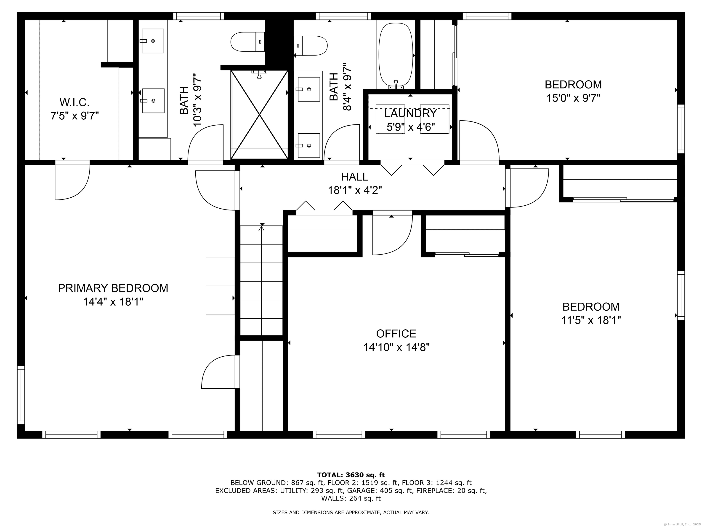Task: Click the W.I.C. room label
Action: (x=74, y=102)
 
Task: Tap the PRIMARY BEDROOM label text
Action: (x=113, y=288)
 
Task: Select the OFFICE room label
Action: (x=396, y=333)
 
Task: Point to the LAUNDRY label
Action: (x=411, y=113)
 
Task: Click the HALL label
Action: (x=354, y=177)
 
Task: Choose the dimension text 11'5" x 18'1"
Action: (x=591, y=320)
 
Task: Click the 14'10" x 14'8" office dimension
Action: (x=396, y=347)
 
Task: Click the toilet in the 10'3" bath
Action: (x=247, y=42)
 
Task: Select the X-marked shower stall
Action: (x=260, y=114)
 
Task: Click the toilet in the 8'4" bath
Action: (x=310, y=46)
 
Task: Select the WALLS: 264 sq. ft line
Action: (x=351, y=498)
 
